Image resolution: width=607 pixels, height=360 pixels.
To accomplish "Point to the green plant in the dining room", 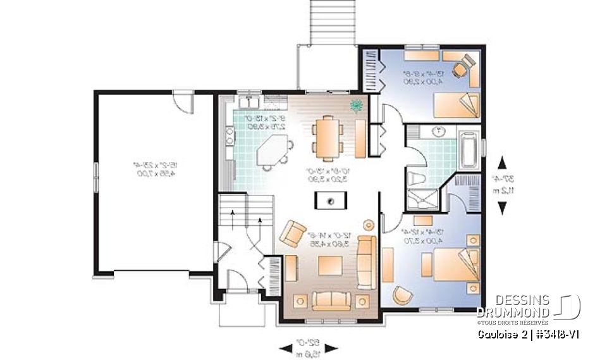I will coord(357,105).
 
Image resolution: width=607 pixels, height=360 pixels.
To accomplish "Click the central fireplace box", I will coord(331,201).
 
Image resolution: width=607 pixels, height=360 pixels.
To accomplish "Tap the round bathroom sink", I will coord(436,132).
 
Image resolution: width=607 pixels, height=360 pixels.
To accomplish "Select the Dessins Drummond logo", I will coord(529,307).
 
